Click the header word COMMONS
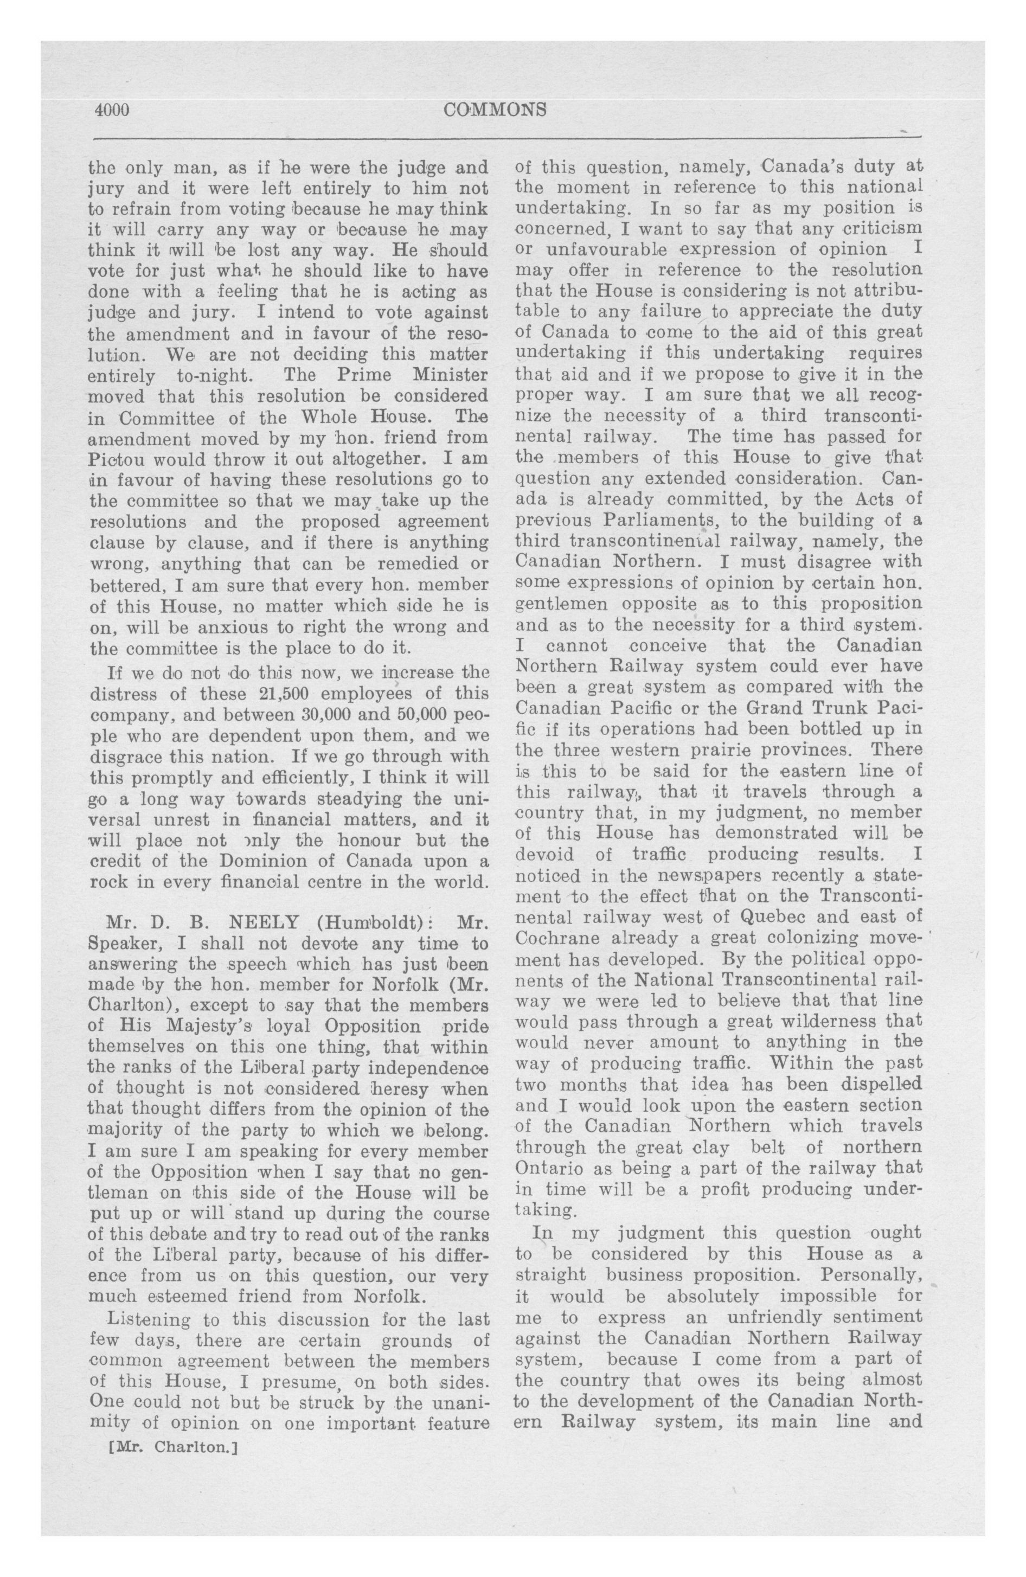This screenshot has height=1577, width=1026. click(495, 110)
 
